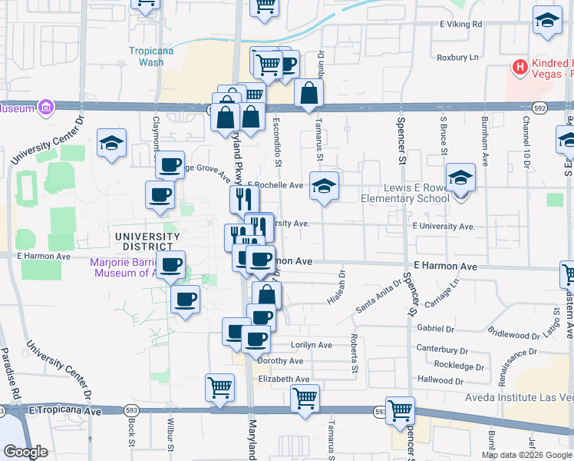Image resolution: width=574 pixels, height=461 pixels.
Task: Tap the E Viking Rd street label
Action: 461,25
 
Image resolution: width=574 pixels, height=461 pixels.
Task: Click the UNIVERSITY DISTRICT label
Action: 143,241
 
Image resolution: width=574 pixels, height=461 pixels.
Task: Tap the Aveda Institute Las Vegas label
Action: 520,397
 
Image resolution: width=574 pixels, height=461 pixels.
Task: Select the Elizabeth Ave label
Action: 284,379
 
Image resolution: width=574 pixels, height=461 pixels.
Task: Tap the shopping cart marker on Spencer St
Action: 400,411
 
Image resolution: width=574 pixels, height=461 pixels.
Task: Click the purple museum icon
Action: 45,107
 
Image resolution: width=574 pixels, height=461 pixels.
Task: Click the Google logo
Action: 25,452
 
